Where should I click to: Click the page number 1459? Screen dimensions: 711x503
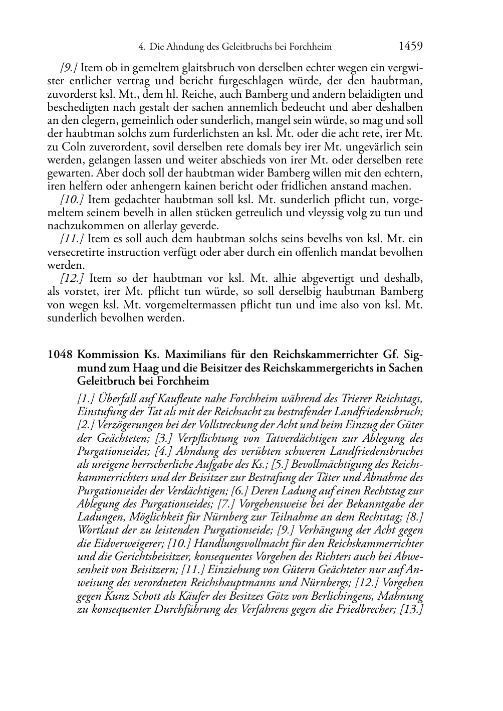(x=411, y=47)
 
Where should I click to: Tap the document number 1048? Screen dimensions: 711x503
(x=60, y=355)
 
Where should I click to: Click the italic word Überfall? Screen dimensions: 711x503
(x=118, y=399)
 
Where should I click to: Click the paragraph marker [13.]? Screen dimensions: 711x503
(x=412, y=610)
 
